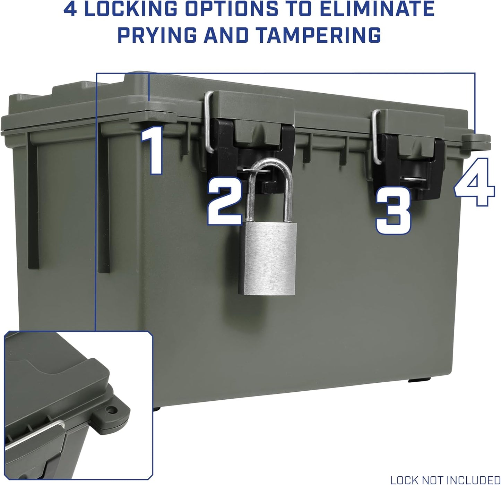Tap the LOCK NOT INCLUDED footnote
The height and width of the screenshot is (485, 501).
tap(445, 480)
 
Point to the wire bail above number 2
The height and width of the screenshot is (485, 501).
tap(208, 121)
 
